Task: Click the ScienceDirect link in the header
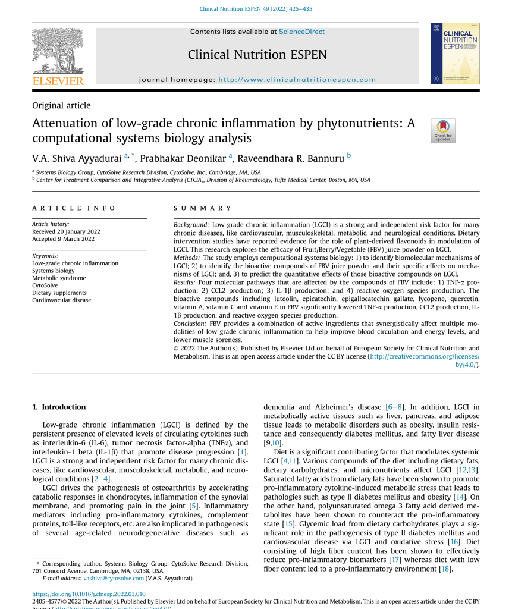coord(301,32)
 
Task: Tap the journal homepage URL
coord(297,80)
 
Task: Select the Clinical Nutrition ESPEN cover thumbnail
coord(455,54)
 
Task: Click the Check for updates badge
coord(443,131)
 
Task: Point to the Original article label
coord(61,106)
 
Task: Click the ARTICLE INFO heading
coord(74,208)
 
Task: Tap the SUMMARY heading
coord(203,208)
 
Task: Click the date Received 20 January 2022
coord(66,231)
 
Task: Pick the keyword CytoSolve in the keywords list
coord(45,285)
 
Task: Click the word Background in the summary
coord(191,225)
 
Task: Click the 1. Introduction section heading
coord(59,407)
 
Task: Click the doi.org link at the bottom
coord(89,594)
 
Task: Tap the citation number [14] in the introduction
coord(459,497)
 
